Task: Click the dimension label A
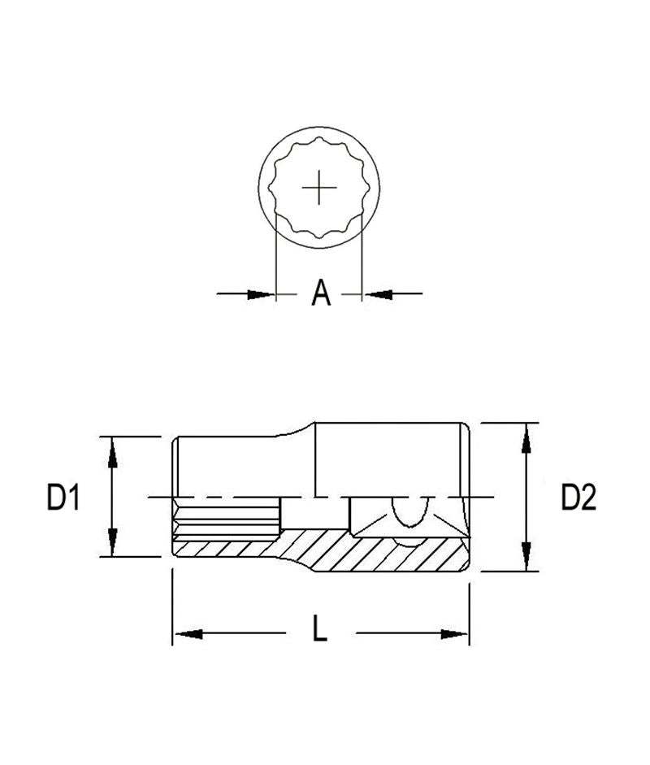point(322,293)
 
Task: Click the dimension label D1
point(63,497)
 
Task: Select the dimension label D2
point(578,497)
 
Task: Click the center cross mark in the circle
point(320,188)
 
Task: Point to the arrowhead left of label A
point(262,293)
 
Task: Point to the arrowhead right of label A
point(376,293)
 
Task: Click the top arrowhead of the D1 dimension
point(112,448)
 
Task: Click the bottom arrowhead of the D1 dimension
point(112,544)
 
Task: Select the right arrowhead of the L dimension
point(456,633)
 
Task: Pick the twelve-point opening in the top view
point(321,189)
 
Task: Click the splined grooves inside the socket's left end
point(227,520)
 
